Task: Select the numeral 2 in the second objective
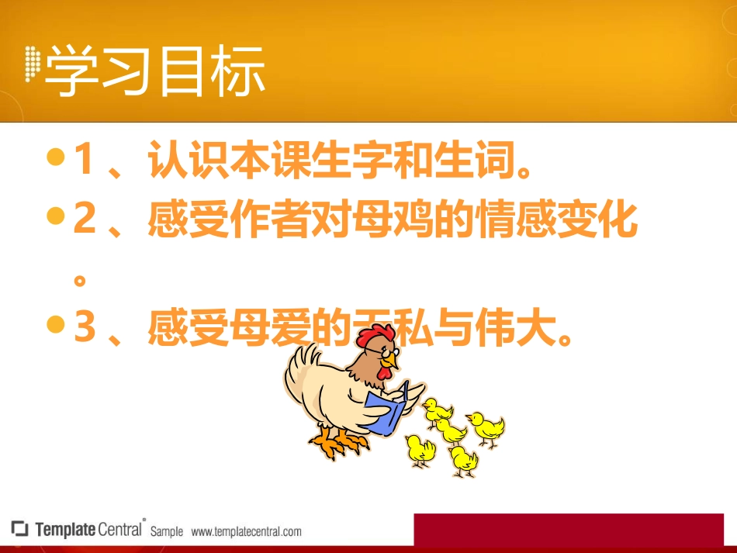tap(83, 220)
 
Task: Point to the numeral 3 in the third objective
tap(84, 328)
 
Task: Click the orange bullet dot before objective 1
tap(54, 158)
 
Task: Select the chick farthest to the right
tap(487, 428)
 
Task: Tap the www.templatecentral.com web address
tap(246, 532)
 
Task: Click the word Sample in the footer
tap(167, 532)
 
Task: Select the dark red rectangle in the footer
tap(574, 530)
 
